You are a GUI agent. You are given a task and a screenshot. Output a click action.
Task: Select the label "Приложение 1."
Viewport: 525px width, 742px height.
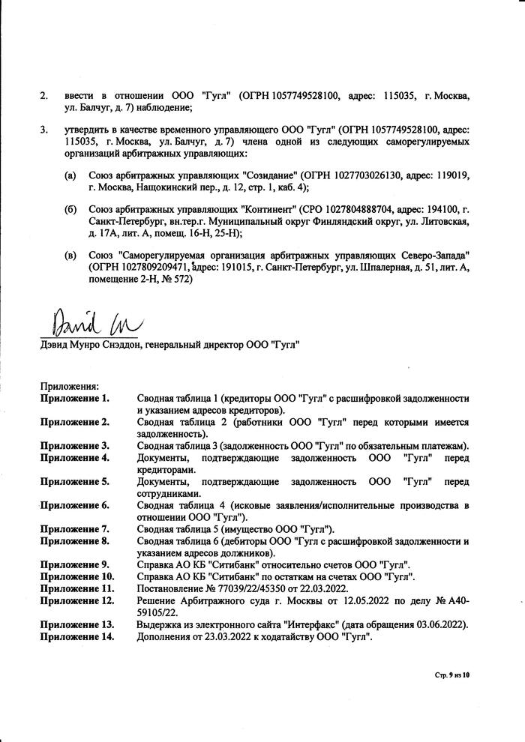point(75,398)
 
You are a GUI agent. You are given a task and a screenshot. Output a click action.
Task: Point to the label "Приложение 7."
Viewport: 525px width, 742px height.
point(75,528)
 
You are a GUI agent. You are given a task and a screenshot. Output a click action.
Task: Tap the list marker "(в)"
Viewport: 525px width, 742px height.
point(70,256)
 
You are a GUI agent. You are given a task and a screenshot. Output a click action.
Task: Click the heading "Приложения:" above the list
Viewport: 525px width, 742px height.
point(69,386)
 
